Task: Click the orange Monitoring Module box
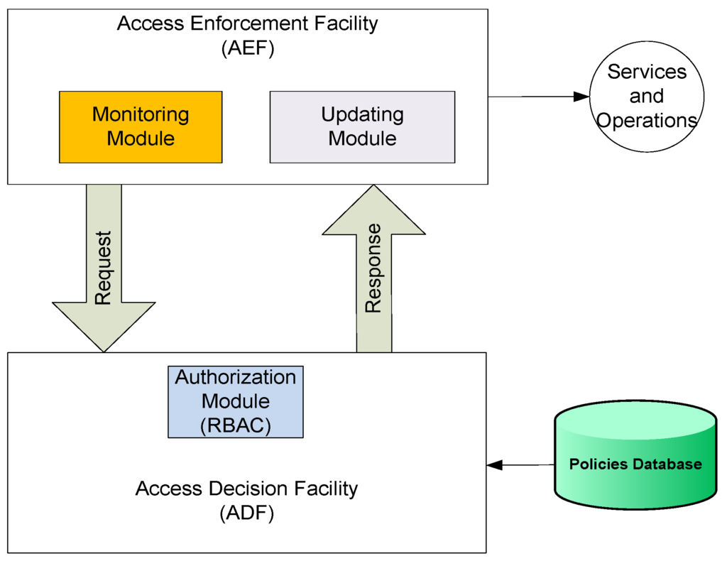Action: (140, 126)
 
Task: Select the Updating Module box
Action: (362, 126)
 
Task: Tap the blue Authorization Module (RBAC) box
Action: (236, 401)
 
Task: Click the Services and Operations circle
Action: (647, 96)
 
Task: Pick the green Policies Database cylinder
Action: (635, 457)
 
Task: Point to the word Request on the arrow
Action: (104, 268)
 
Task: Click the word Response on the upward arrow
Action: (373, 268)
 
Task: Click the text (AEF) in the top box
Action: (248, 49)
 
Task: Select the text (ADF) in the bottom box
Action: (246, 513)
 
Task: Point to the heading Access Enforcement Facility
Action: (248, 23)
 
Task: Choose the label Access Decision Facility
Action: (246, 489)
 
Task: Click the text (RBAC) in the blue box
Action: (236, 426)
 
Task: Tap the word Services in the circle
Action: (647, 72)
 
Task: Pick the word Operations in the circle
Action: (647, 120)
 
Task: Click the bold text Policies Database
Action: (635, 464)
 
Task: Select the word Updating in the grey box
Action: (362, 114)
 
